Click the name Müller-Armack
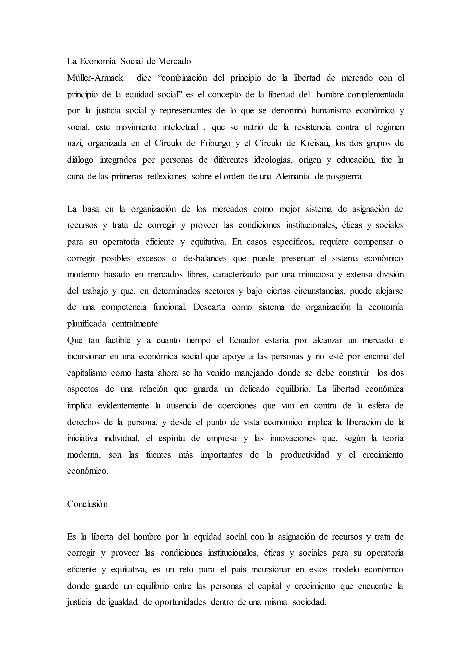[95, 78]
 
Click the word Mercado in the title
[174, 61]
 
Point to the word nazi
[75, 144]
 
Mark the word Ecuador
[244, 340]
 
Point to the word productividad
[304, 455]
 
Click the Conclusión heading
[87, 504]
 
